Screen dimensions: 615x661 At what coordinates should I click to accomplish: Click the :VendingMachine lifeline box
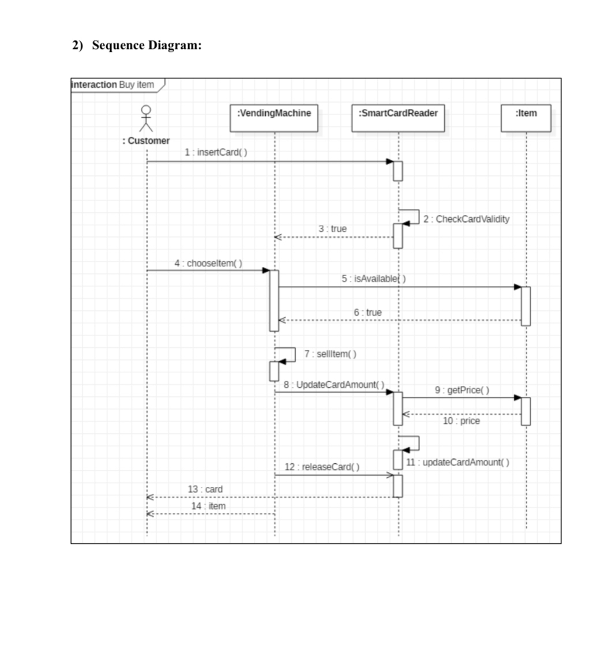pyautogui.click(x=274, y=118)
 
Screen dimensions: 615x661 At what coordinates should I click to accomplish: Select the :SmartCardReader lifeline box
pyautogui.click(x=398, y=118)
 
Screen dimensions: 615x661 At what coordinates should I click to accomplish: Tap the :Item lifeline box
pyautogui.click(x=526, y=118)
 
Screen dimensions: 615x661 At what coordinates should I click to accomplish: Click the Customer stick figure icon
pyautogui.click(x=146, y=118)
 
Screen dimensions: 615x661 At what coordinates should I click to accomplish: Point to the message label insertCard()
pyautogui.click(x=216, y=152)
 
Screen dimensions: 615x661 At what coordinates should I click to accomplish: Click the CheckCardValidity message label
pyautogui.click(x=467, y=219)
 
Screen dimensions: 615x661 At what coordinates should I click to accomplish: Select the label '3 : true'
pyautogui.click(x=332, y=228)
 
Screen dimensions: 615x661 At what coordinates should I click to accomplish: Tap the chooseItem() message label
pyautogui.click(x=208, y=264)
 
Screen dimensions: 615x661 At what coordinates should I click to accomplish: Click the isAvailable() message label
pyautogui.click(x=373, y=279)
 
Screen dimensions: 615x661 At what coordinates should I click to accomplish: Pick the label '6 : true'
pyautogui.click(x=367, y=313)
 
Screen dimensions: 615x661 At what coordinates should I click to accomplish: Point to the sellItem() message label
pyautogui.click(x=330, y=354)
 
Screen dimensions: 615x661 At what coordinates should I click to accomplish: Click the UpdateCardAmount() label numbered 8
pyautogui.click(x=334, y=385)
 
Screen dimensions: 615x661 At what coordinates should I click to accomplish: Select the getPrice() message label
pyautogui.click(x=462, y=390)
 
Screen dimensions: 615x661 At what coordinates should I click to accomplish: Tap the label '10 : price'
pyautogui.click(x=461, y=420)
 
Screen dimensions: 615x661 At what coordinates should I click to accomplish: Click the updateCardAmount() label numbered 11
pyautogui.click(x=457, y=463)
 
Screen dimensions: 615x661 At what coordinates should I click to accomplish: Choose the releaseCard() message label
pyautogui.click(x=322, y=467)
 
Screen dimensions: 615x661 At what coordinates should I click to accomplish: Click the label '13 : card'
pyautogui.click(x=205, y=489)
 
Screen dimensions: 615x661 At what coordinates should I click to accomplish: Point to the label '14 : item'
pyautogui.click(x=208, y=506)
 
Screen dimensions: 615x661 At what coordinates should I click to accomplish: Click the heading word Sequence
pyautogui.click(x=118, y=45)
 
